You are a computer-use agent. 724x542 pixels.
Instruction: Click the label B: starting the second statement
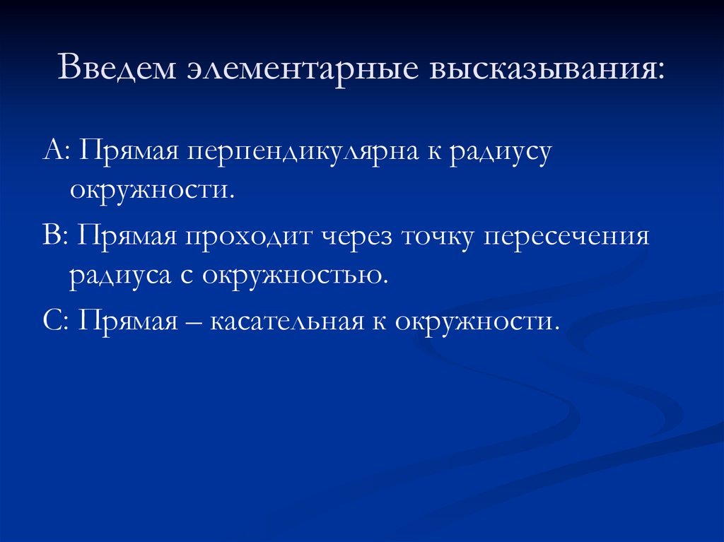pyautogui.click(x=54, y=235)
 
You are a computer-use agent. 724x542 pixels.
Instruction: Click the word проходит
pyautogui.click(x=251, y=235)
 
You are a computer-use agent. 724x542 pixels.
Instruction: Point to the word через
pyautogui.click(x=360, y=237)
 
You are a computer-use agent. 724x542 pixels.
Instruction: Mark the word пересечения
pyautogui.click(x=566, y=237)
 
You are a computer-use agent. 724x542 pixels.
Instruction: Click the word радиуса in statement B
pyautogui.click(x=117, y=274)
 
